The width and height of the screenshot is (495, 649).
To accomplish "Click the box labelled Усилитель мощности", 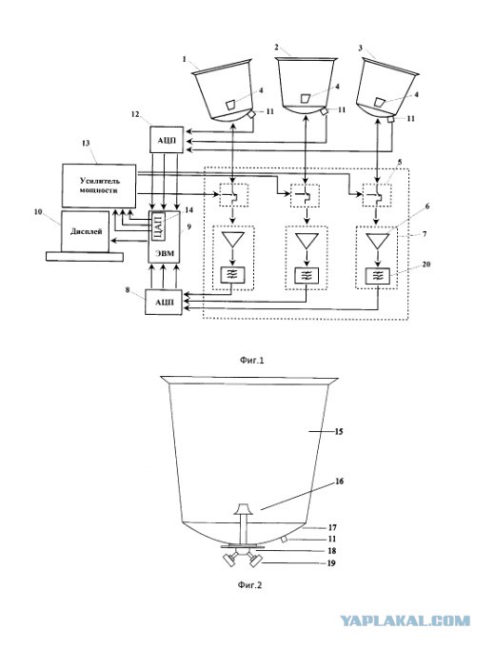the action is [99, 186].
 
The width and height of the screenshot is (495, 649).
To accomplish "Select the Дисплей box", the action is [86, 231].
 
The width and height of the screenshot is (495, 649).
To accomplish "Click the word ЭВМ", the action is [165, 253].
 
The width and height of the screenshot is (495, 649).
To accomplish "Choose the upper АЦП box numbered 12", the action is [166, 140].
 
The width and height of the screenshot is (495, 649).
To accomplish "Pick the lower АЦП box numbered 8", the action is [164, 303].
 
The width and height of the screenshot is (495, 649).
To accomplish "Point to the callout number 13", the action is [86, 143].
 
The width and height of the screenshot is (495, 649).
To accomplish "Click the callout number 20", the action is [426, 264].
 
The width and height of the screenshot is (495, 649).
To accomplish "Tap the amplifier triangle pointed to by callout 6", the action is [378, 241].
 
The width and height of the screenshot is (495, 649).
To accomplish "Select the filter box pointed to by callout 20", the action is [378, 275].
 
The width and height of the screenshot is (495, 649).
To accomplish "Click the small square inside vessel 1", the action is [231, 105].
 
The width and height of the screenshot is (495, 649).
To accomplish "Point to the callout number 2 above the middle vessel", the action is [276, 47].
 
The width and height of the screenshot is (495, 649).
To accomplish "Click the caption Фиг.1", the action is [252, 360].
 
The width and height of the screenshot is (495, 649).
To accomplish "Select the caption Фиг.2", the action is [250, 585].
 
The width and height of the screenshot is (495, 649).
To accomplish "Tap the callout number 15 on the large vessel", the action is [339, 432].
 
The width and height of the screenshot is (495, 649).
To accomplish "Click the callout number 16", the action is [339, 482].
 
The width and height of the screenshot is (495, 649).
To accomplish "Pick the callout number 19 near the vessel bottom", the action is [332, 563].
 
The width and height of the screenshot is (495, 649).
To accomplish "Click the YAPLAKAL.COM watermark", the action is [406, 620].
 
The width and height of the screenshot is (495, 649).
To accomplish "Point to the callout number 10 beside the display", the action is [38, 212].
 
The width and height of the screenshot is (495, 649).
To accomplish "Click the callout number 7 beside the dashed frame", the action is [424, 234].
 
